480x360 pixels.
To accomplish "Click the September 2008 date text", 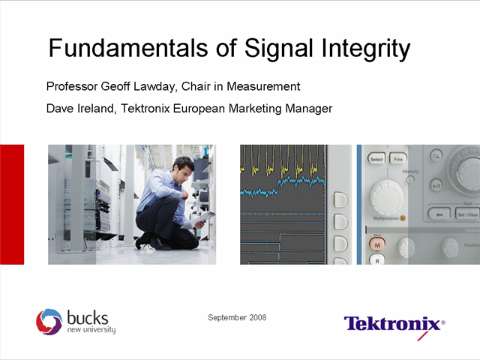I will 237,317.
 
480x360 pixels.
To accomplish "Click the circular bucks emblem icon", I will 49,321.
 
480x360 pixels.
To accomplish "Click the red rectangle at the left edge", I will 11,204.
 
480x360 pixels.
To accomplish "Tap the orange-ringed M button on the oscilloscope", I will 377,243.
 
